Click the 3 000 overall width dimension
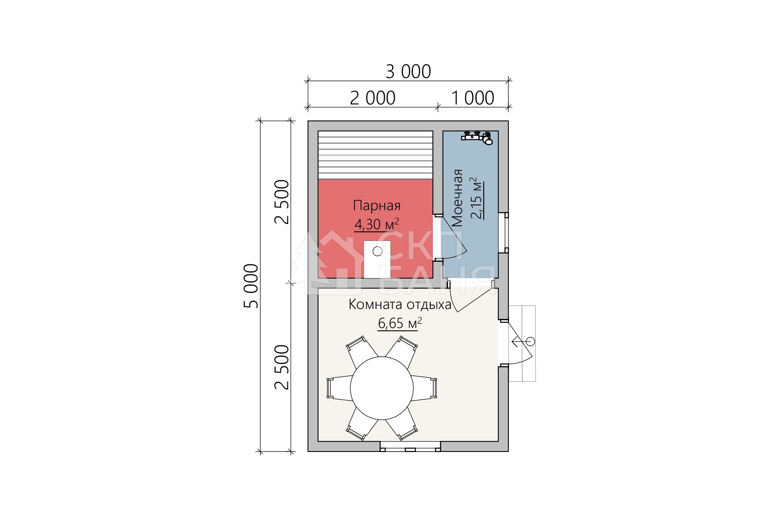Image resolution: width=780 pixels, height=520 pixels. click(x=408, y=72)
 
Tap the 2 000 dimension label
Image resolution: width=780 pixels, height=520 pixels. click(x=373, y=98)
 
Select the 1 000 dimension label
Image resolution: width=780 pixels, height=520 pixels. click(x=473, y=98)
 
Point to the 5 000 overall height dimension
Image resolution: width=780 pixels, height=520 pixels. click(x=251, y=286)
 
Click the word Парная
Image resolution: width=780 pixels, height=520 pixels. click(x=377, y=205)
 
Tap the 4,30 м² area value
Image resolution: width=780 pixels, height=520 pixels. click(x=377, y=224)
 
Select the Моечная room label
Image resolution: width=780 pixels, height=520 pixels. click(x=457, y=198)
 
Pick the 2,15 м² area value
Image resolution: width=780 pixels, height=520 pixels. click(x=476, y=198)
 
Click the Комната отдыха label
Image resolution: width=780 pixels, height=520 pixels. click(x=400, y=305)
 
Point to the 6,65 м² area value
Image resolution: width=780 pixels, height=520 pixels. click(x=400, y=323)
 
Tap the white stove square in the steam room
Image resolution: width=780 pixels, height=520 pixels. click(x=377, y=259)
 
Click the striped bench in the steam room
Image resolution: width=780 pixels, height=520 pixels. click(x=375, y=155)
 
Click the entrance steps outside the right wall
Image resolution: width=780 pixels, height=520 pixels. click(x=522, y=343)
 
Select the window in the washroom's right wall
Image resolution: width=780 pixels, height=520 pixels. click(x=504, y=233)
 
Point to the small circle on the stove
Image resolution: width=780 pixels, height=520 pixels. click(x=377, y=251)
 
